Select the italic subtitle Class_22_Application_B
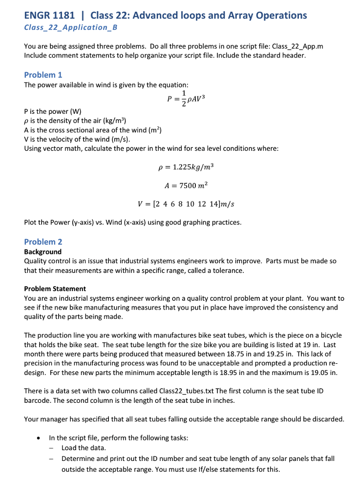click(71, 27)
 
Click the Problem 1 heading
click(43, 75)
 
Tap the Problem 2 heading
click(43, 242)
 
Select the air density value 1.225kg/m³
click(192, 167)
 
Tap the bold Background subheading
click(43, 252)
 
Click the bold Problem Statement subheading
click(55, 289)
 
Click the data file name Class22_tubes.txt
click(191, 391)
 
